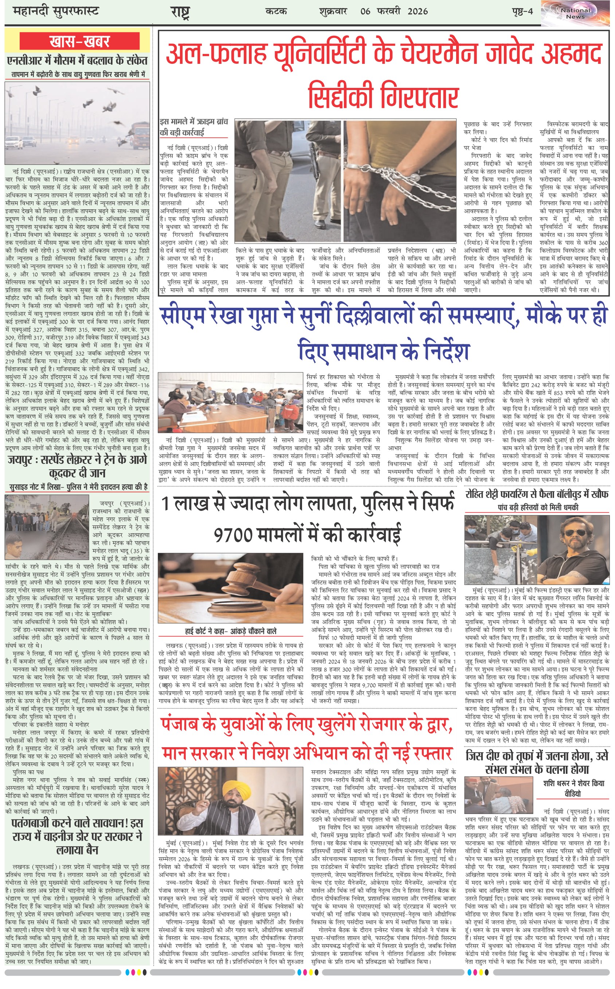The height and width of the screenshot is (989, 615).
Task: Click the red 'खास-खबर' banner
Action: (79, 42)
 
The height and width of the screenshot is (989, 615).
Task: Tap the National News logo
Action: (575, 13)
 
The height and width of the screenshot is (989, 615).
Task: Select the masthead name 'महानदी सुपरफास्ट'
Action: (56, 11)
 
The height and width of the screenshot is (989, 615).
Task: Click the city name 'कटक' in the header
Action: (276, 11)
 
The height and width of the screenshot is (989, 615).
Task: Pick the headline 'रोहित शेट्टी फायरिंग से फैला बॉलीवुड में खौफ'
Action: (537, 494)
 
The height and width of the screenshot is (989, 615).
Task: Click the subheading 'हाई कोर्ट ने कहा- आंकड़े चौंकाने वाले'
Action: (231, 631)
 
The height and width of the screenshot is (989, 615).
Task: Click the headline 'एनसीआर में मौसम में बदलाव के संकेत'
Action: (77, 61)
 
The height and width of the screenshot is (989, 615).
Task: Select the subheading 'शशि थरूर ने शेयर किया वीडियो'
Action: (573, 788)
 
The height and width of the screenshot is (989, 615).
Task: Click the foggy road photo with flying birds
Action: (77, 123)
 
